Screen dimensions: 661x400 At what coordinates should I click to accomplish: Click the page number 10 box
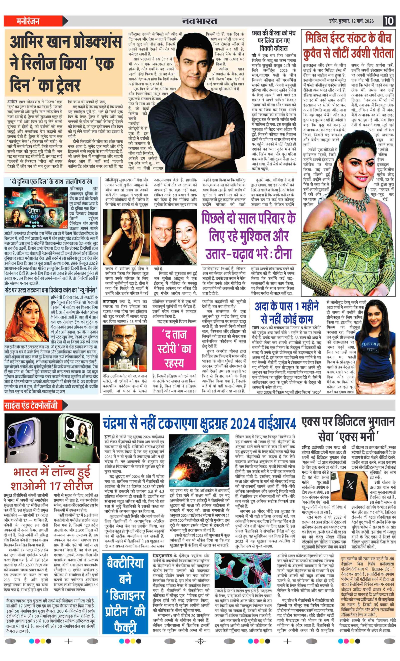[389, 21]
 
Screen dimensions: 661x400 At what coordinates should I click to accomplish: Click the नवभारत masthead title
[199, 21]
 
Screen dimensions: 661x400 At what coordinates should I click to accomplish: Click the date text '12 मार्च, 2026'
[362, 21]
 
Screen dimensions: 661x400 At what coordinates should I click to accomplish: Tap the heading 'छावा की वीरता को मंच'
[274, 33]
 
